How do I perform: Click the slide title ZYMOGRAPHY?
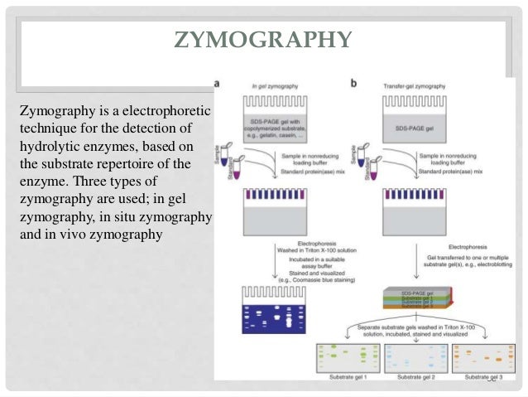264,40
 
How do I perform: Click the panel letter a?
218,84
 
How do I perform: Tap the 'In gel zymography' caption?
276,85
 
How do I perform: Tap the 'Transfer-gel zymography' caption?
415,85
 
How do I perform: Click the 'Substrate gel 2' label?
415,377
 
